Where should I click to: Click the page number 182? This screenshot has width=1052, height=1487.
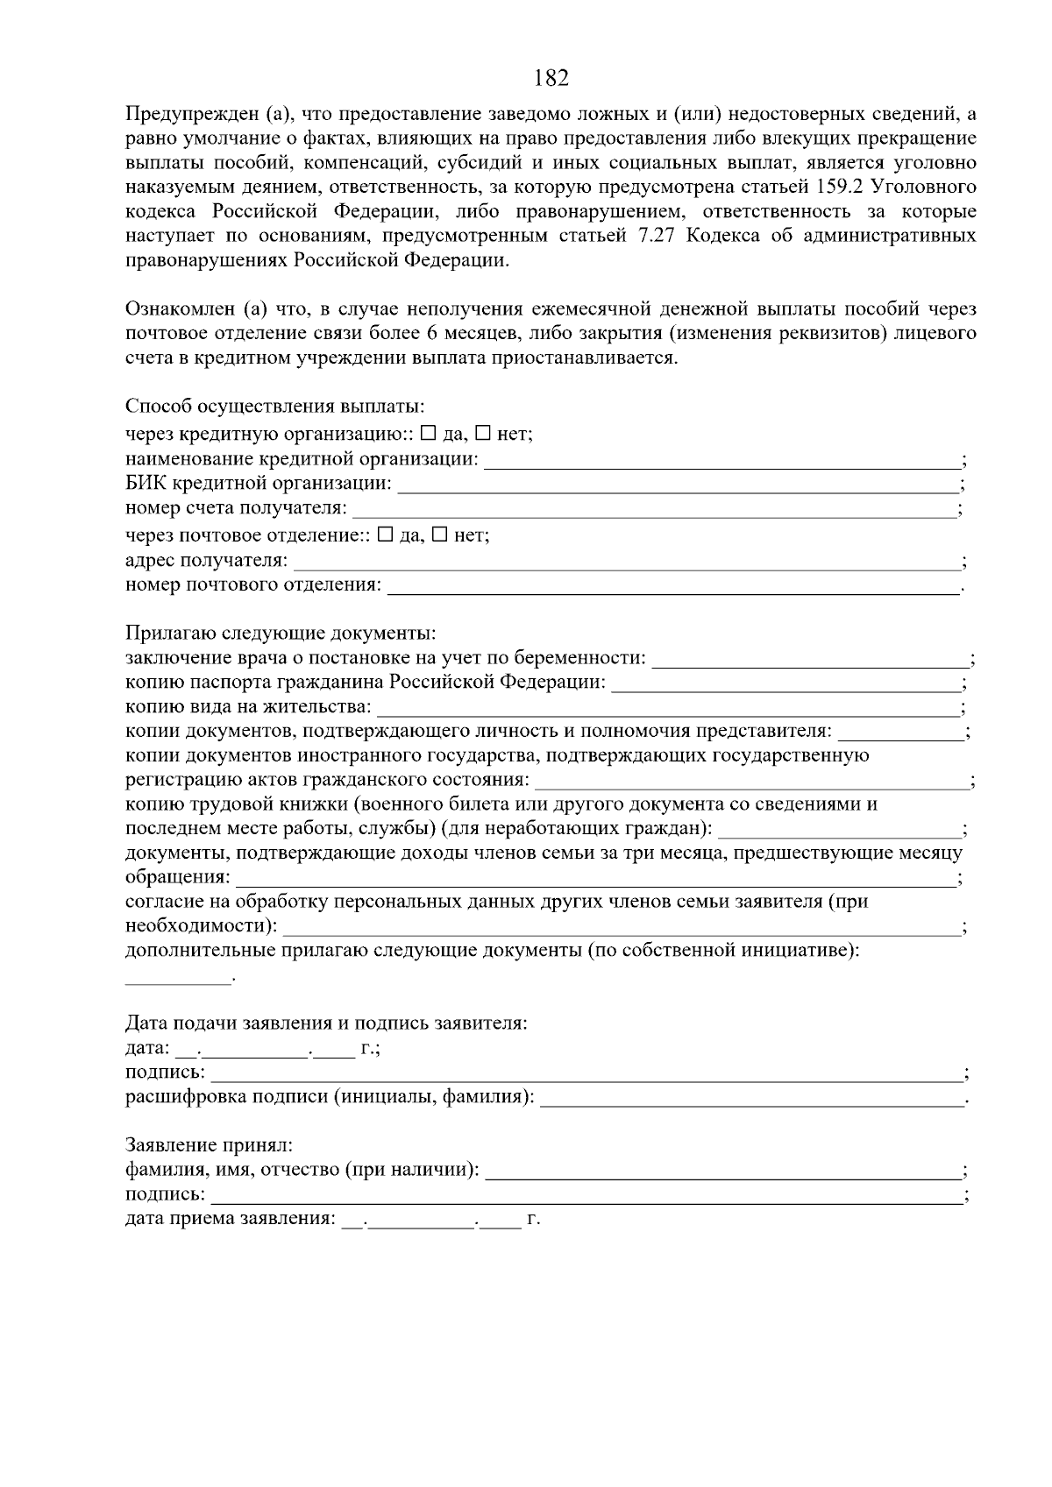(551, 79)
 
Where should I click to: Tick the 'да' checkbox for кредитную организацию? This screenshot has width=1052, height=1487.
(428, 433)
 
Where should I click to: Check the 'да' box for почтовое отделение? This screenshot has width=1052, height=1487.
(384, 535)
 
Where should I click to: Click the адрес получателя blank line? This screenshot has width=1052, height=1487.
(627, 564)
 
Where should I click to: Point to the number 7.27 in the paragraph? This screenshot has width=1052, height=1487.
(657, 236)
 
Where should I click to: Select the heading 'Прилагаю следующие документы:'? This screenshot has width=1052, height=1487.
(281, 633)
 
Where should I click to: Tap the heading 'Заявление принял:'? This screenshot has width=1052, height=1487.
(209, 1145)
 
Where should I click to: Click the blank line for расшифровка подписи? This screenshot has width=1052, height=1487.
(752, 1100)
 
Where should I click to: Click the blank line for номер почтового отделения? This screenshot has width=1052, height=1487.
(673, 589)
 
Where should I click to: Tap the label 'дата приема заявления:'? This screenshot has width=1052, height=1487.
(231, 1218)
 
